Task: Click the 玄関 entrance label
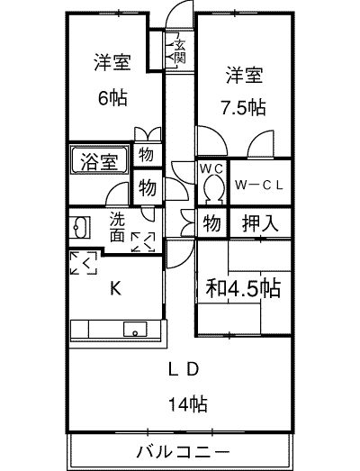(180, 50)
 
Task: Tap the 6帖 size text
(112, 97)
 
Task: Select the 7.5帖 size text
(244, 107)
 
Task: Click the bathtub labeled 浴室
(99, 160)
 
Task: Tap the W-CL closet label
(259, 185)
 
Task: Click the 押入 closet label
(260, 222)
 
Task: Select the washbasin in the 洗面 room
(80, 228)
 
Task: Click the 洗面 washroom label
(117, 227)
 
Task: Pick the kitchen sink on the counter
(135, 330)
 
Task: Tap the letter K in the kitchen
(115, 289)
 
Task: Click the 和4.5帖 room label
(243, 288)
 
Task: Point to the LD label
(184, 369)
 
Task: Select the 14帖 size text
(188, 403)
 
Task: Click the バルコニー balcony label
(184, 452)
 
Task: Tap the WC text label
(211, 169)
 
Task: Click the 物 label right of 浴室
(146, 155)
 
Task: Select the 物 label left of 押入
(211, 223)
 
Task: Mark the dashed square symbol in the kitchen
(84, 263)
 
